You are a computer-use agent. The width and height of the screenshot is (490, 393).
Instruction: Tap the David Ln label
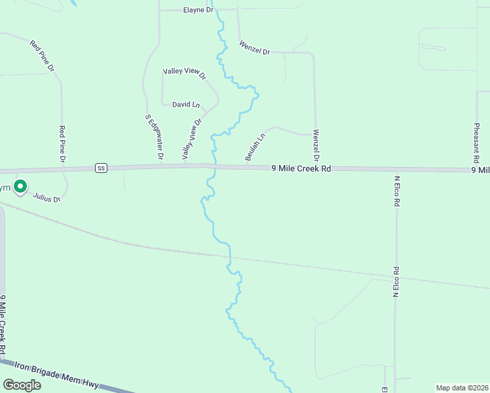pos(186,104)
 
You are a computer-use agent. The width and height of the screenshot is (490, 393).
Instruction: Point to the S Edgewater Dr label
pos(153,138)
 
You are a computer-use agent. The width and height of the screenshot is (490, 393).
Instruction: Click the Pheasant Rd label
pos(475,143)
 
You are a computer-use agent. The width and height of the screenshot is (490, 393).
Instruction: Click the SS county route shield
pos(100,168)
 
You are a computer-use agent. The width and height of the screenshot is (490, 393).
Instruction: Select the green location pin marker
pos(20,187)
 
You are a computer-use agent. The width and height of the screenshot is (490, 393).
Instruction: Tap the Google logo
pos(22,385)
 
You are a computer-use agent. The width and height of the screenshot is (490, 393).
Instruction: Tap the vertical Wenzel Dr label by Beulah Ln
pos(316,145)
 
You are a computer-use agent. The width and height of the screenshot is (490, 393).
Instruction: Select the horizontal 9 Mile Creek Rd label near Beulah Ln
pos(301,168)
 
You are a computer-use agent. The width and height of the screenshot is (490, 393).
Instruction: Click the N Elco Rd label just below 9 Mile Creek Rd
pos(396,191)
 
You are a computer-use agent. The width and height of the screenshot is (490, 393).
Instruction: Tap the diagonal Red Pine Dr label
pos(42,56)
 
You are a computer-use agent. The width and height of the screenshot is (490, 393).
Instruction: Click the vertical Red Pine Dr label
pos(62,144)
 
